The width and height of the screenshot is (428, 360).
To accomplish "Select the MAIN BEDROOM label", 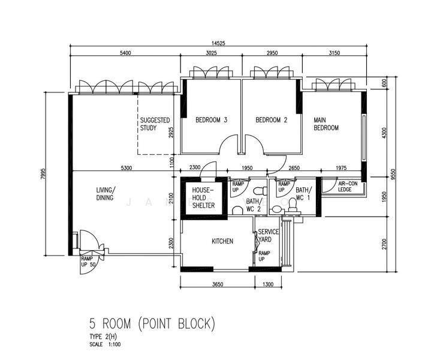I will (x=326, y=124).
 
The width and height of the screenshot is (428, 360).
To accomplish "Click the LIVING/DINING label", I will (x=105, y=194).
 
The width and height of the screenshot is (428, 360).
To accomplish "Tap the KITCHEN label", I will (x=222, y=241).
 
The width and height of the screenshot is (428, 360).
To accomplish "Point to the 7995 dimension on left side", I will (x=43, y=174).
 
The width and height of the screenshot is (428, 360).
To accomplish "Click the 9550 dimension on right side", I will (x=393, y=174).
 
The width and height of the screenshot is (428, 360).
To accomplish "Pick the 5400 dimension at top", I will (x=125, y=53).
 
